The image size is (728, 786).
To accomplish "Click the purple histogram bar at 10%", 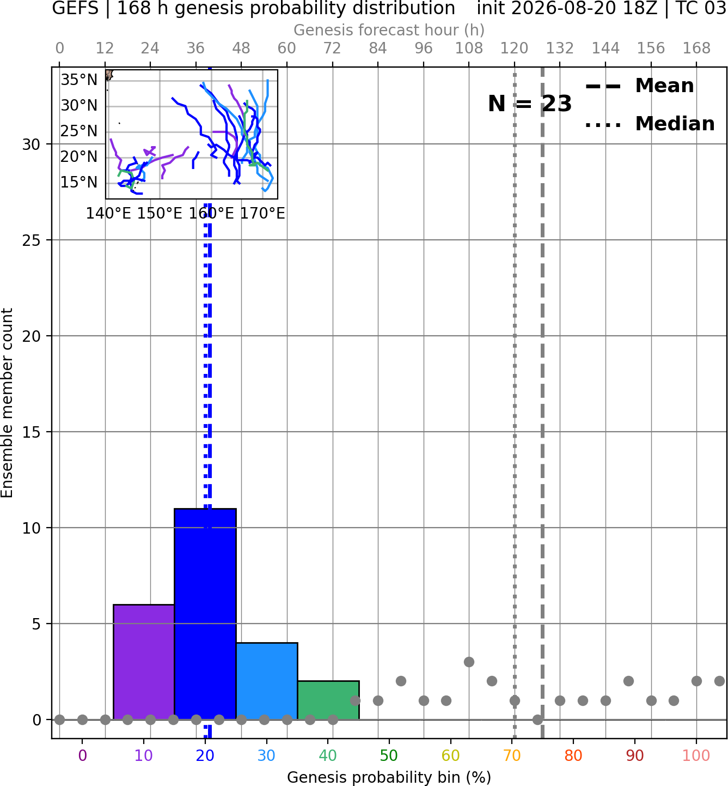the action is tap(144, 662).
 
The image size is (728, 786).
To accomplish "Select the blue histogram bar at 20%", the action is tap(205, 614).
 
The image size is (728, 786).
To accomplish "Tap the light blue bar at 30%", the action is tap(267, 681).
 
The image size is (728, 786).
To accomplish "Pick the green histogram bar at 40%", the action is tap(328, 700).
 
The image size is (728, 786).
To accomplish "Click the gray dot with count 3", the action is tap(469, 662).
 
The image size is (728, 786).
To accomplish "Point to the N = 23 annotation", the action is tap(530, 104).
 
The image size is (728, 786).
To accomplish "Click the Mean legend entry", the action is tap(640, 86).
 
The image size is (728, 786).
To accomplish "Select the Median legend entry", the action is tap(650, 124).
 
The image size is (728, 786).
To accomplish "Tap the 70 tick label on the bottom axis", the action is tap(512, 756).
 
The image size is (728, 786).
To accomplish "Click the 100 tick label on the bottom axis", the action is tap(696, 756).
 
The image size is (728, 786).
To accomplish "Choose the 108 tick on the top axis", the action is tap(469, 49).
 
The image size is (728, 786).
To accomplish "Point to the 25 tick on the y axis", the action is tap(32, 240).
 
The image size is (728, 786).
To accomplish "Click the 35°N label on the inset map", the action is tap(79, 80).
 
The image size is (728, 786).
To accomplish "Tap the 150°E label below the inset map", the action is tap(160, 214).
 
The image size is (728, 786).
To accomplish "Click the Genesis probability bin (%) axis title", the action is tap(389, 777).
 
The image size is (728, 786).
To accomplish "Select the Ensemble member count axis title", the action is tap(7, 403).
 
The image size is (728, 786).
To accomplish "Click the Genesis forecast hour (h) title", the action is tap(389, 30).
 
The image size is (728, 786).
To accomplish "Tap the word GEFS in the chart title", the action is tap(75, 8).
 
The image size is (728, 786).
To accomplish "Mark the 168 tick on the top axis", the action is tap(696, 49).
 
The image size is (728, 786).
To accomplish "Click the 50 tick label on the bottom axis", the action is tap(389, 756).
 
